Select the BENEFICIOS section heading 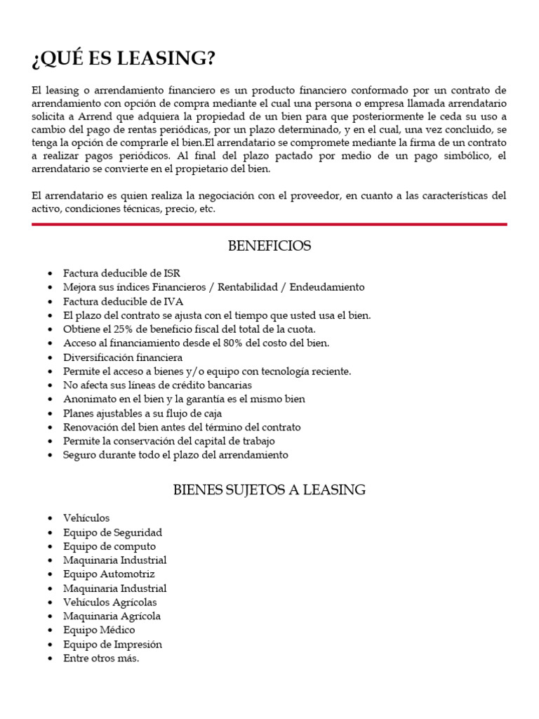(269, 246)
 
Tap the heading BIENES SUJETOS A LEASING (269, 490)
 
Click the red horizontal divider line (269, 224)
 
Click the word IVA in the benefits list (181, 301)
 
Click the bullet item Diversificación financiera (123, 357)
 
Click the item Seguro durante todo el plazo (175, 455)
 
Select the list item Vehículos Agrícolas (109, 602)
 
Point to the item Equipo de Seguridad (112, 532)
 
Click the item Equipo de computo (109, 546)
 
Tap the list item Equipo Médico (99, 630)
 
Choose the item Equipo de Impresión (112, 644)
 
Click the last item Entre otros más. (101, 658)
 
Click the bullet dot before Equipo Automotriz (49, 574)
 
